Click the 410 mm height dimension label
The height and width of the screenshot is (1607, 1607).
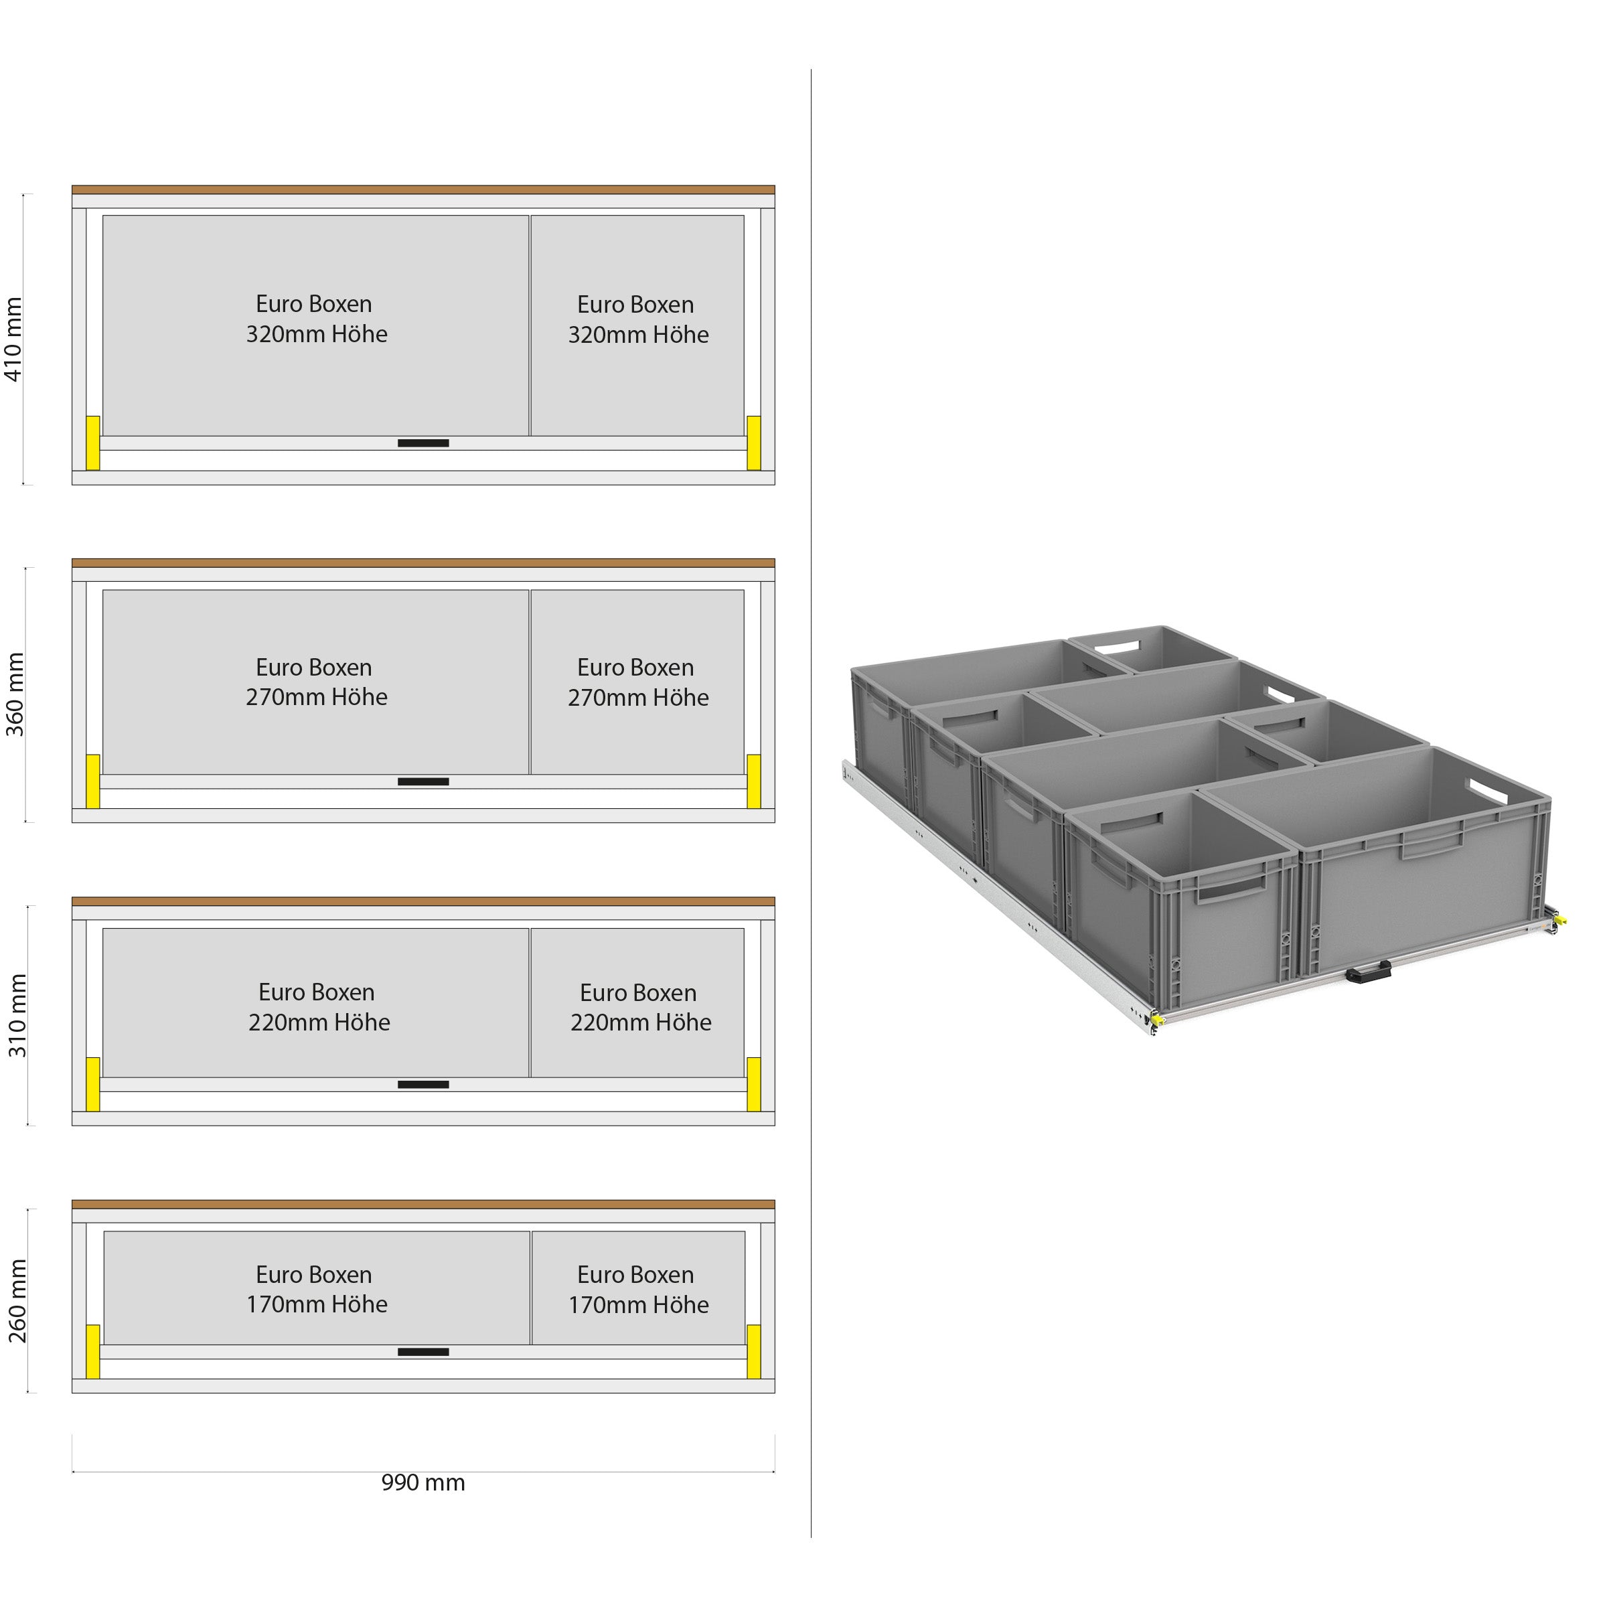(14, 339)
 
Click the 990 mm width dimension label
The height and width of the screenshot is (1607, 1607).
(423, 1483)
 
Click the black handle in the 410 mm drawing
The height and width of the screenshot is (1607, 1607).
(423, 443)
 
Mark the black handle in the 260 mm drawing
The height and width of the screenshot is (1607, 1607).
(423, 1353)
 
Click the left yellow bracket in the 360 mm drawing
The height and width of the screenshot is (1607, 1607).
(93, 781)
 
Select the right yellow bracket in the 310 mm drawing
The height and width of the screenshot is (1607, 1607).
(753, 1084)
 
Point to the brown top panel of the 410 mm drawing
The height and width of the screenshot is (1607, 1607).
(423, 189)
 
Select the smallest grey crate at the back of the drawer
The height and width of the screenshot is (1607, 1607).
(1152, 649)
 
